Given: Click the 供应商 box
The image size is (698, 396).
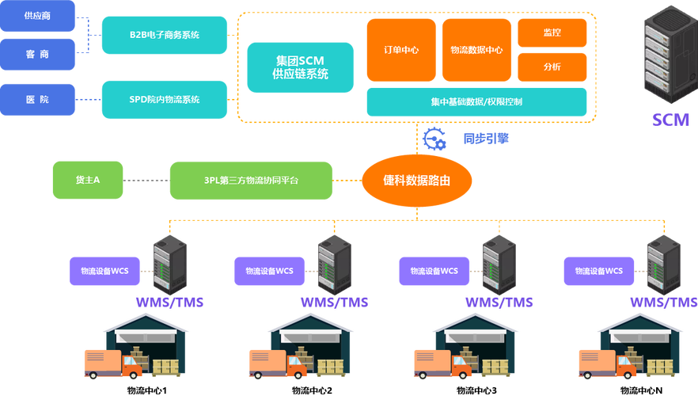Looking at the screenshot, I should click(37, 16).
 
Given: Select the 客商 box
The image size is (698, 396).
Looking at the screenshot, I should click(37, 55).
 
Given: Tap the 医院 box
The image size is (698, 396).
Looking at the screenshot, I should click(37, 99).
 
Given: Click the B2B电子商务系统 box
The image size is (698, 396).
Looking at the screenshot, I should click(165, 35).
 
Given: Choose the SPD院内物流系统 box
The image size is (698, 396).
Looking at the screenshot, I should click(165, 99).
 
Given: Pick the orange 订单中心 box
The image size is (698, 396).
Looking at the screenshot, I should click(400, 50).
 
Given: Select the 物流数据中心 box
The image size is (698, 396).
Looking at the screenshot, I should click(476, 50).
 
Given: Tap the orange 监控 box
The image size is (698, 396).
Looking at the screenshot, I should click(552, 32).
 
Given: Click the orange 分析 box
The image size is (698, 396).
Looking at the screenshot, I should click(552, 67).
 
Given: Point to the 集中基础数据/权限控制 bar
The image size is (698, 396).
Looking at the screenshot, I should click(476, 102).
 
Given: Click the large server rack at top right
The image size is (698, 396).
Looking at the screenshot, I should click(666, 59).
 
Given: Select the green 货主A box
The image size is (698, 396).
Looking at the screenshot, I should click(87, 181).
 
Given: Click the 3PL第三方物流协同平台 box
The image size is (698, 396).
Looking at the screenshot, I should click(251, 181).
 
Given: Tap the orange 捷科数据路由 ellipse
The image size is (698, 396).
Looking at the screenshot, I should click(416, 181).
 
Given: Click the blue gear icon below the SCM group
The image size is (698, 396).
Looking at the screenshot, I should click(434, 138).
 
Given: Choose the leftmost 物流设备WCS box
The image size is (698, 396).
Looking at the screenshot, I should click(104, 271).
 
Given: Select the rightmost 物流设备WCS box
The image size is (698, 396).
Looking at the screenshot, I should click(598, 271).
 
